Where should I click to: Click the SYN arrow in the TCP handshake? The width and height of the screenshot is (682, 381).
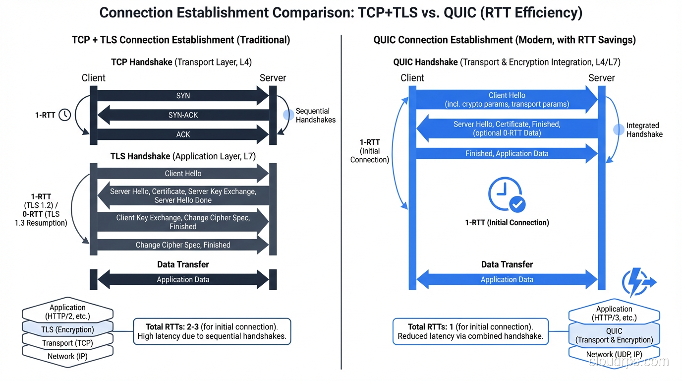(x=183, y=96)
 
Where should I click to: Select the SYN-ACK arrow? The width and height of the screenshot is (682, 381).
(x=183, y=115)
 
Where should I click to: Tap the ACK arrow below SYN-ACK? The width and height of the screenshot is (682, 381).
(x=183, y=134)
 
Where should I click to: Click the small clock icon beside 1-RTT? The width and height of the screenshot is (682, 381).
(x=65, y=115)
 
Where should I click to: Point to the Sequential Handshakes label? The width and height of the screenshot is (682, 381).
(x=315, y=115)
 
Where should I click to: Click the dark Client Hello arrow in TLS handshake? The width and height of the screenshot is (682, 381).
(x=183, y=174)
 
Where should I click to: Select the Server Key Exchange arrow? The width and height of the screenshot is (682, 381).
(x=183, y=195)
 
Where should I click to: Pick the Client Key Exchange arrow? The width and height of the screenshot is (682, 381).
(x=183, y=222)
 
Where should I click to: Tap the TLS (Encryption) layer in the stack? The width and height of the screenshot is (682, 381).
(x=67, y=329)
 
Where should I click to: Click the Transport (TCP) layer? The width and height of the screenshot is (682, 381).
(x=67, y=343)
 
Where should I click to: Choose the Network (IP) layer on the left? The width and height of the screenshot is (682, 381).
(x=67, y=357)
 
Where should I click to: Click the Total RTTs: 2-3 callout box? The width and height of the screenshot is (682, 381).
(x=212, y=331)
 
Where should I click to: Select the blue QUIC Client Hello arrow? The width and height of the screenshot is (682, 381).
(x=507, y=100)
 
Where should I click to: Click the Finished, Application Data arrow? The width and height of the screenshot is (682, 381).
(x=507, y=154)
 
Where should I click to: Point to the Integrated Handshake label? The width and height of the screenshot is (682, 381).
(x=644, y=129)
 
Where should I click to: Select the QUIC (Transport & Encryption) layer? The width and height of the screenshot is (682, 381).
(x=614, y=335)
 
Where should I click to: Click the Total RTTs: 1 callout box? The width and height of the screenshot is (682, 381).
(x=470, y=331)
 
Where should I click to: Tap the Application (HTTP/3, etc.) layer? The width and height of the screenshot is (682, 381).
(x=614, y=314)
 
